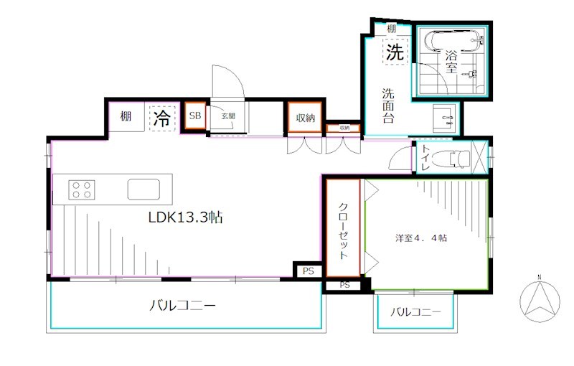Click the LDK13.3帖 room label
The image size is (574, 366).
click(185, 217)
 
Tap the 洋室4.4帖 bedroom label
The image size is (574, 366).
click(420, 238)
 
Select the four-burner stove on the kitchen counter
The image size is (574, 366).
click(81, 189)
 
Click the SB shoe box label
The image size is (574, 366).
click(194, 116)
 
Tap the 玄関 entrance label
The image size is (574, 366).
click(227, 116)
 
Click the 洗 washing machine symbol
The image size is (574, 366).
click(394, 52)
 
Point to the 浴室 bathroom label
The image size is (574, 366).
click(451, 62)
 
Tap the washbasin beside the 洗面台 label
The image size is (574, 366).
click(444, 116)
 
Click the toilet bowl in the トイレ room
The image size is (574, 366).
click(454, 156)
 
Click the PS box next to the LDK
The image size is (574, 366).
click(308, 271)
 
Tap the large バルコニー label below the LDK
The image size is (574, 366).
click(182, 306)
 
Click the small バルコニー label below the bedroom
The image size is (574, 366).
click(415, 312)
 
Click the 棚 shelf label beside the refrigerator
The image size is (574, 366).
click(126, 116)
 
